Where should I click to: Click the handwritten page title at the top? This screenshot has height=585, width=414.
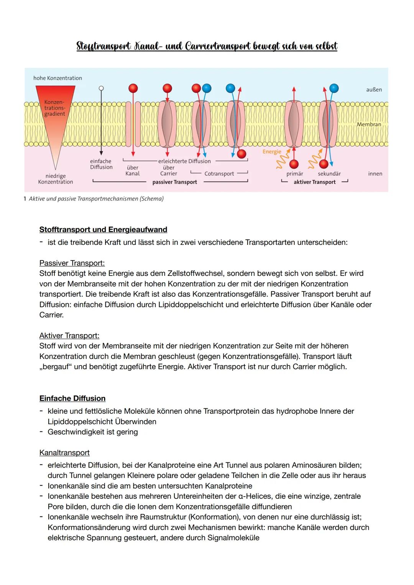pos(207,46)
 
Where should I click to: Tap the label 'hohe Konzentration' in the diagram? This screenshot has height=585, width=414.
pos(58,78)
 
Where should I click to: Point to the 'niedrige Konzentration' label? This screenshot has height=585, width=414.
pos(56,179)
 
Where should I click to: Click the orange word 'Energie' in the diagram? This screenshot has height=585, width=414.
pos(272,152)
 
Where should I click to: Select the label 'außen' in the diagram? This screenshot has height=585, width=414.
pos(374,90)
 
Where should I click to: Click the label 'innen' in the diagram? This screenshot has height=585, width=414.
pos(375,174)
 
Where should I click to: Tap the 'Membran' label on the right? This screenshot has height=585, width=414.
pos(369,125)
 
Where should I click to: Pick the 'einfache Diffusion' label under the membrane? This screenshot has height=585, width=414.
pos(101,164)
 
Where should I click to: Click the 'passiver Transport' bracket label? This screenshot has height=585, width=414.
pos(174,182)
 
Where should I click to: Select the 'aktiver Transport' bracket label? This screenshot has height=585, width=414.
pos(314,182)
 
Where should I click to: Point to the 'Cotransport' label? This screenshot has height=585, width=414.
pos(219,174)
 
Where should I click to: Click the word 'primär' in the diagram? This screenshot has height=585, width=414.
pos(294,174)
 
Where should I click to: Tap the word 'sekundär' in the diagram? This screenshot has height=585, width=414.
pos(329,174)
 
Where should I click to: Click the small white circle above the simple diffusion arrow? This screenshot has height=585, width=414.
pos(101,88)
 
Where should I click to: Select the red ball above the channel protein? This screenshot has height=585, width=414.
pos(133,88)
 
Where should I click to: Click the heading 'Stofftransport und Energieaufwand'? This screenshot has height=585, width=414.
pos(103,229)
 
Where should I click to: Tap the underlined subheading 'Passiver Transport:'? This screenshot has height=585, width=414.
pos(72,263)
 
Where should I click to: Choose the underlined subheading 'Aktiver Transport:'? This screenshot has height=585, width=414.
pos(69,336)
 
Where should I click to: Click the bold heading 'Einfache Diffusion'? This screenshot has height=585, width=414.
pos(72,398)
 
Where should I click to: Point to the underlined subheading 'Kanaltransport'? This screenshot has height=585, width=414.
pos(64,453)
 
